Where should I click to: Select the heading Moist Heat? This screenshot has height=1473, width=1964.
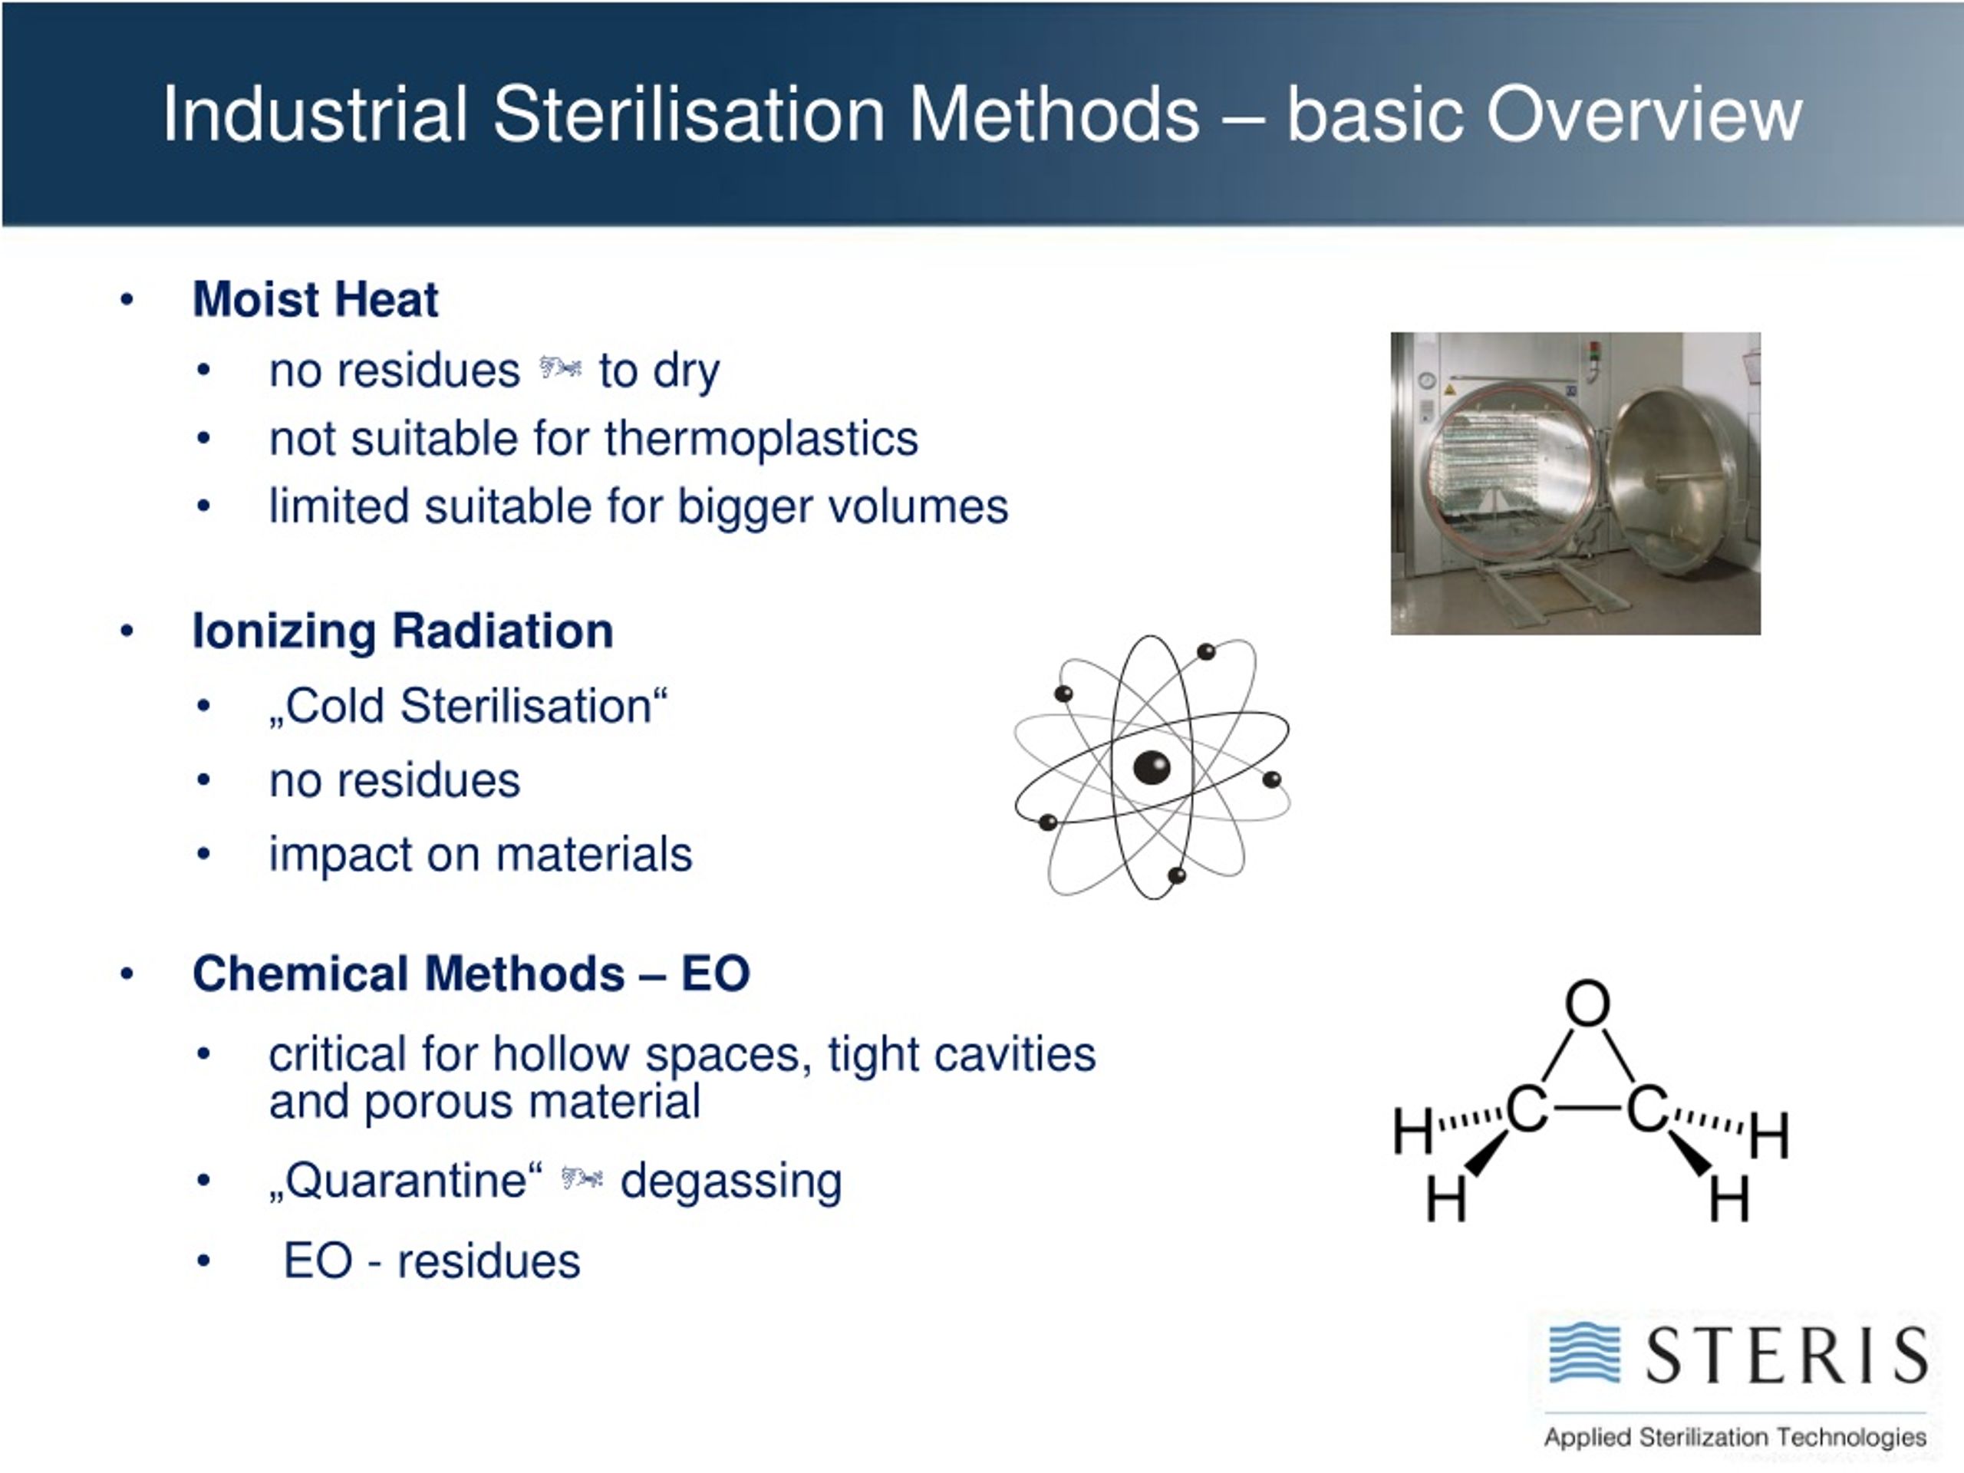coord(315,299)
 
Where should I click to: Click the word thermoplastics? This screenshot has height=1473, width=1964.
coord(761,439)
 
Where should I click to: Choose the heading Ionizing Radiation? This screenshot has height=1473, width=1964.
coord(402,631)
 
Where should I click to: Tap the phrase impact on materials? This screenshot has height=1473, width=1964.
coord(480,855)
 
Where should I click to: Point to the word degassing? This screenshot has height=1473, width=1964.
coord(730,1181)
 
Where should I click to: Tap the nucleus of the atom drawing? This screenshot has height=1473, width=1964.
coord(1152,767)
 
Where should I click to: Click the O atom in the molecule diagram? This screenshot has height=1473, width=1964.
coord(1587,1003)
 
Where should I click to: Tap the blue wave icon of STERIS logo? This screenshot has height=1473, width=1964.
coord(1585,1353)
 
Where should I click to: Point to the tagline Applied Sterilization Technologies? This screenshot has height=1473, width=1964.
coord(1735,1437)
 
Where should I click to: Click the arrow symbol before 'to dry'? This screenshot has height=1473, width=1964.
coord(560,367)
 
